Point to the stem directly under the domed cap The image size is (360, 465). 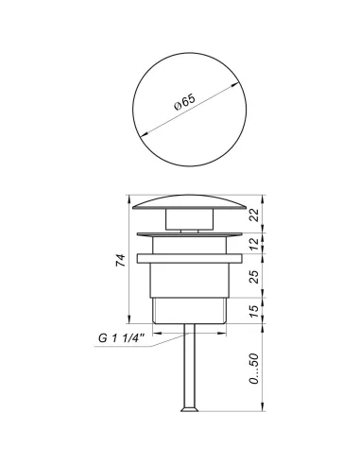(x=189, y=220)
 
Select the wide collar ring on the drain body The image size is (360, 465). (x=189, y=256)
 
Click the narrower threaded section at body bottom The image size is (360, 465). (x=189, y=311)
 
